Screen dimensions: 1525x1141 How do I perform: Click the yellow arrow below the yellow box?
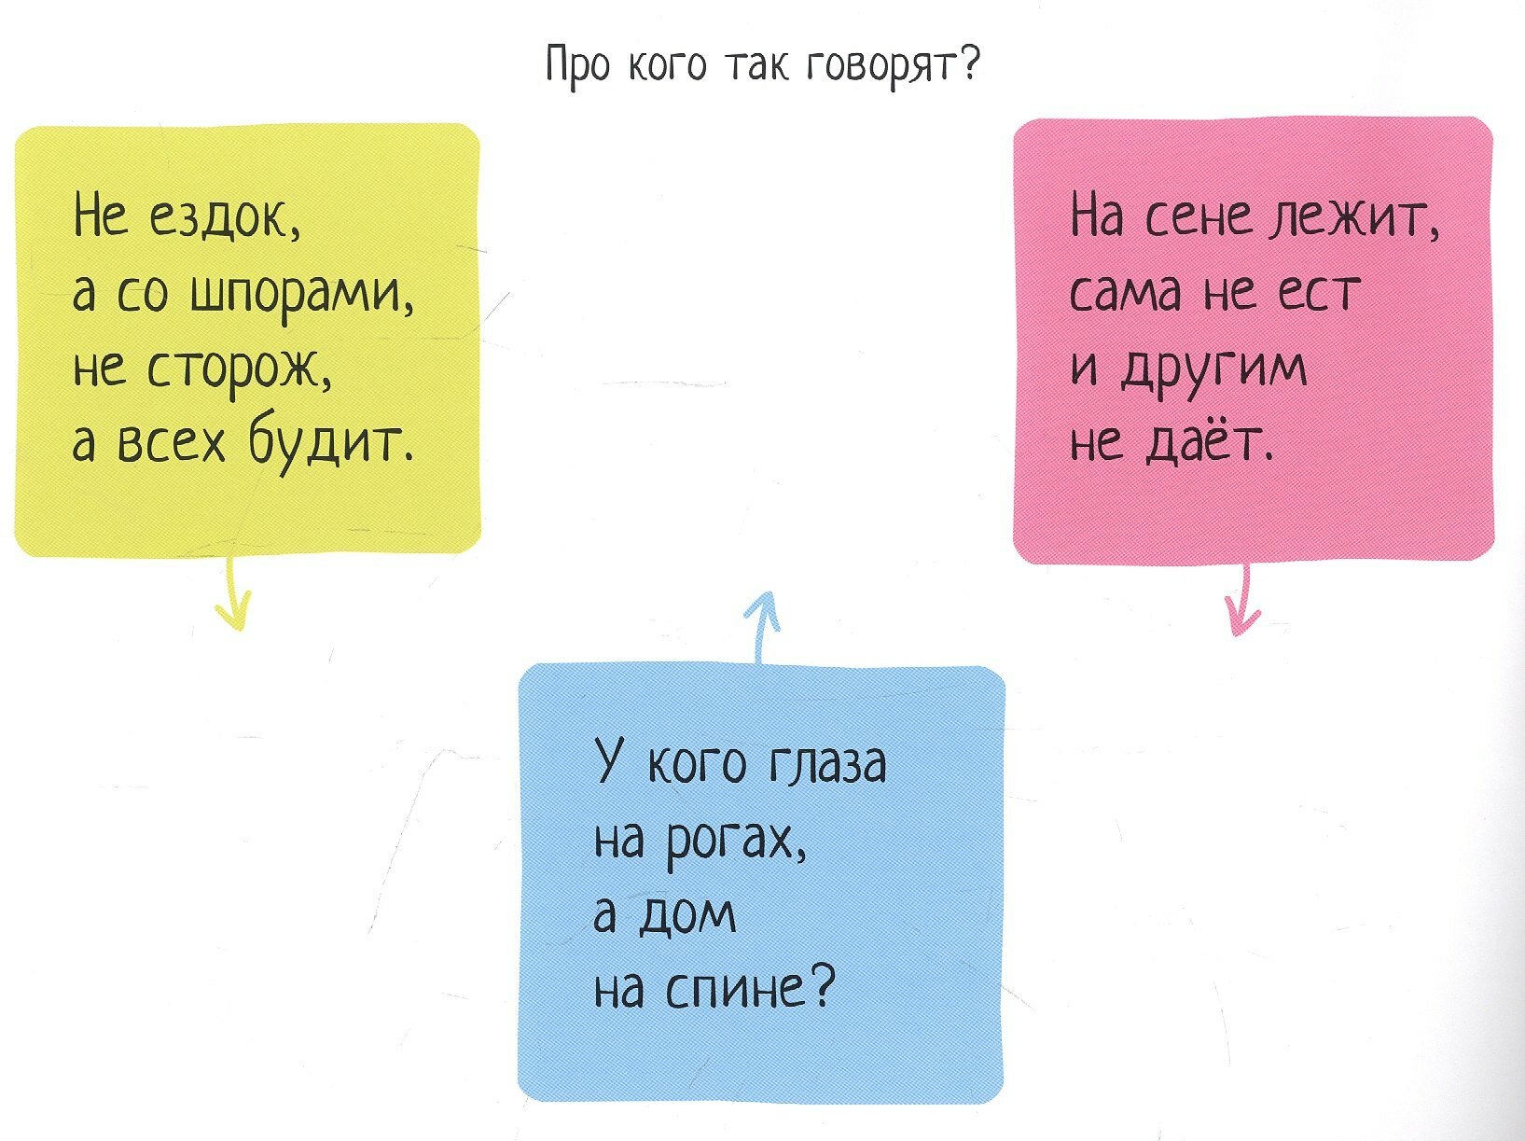point(233,597)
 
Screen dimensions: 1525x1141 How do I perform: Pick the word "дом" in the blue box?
point(686,916)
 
